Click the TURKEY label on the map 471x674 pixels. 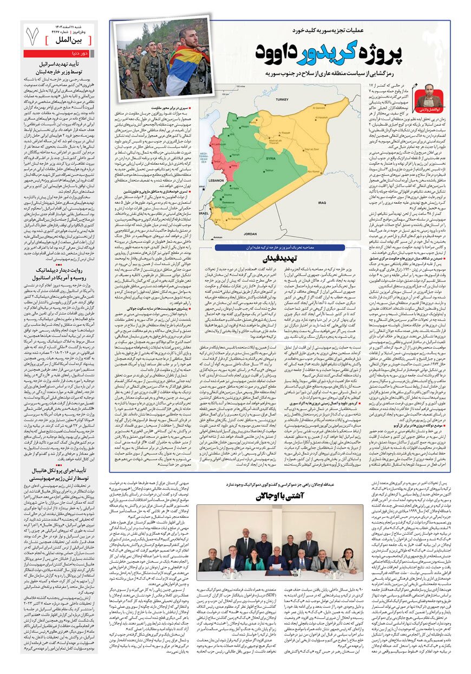283,100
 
